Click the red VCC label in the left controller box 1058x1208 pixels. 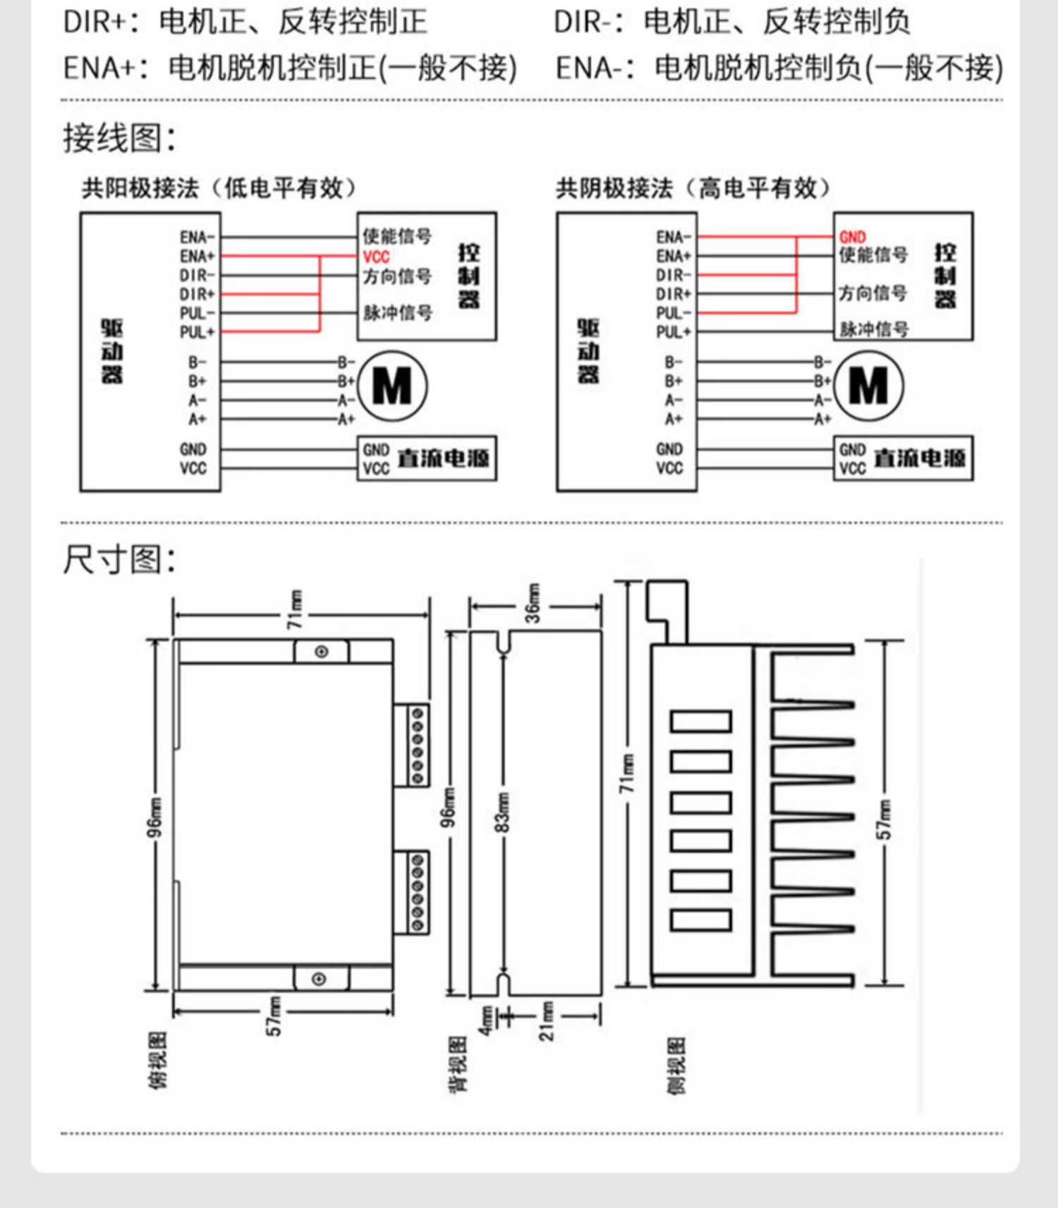coord(376,257)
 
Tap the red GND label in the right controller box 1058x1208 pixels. coord(852,237)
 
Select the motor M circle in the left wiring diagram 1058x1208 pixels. coord(392,386)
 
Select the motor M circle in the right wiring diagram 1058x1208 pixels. coord(868,386)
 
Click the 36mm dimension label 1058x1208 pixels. coord(533,604)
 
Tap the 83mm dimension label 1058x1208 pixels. coord(502,811)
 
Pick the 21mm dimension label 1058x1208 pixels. coord(547,1020)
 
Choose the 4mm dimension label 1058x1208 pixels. coord(487,1020)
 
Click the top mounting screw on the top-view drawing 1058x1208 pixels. coord(322,652)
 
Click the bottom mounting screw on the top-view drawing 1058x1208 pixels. coord(319,979)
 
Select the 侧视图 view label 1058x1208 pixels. coord(676,1065)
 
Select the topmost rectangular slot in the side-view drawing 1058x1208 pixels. coord(700,721)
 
